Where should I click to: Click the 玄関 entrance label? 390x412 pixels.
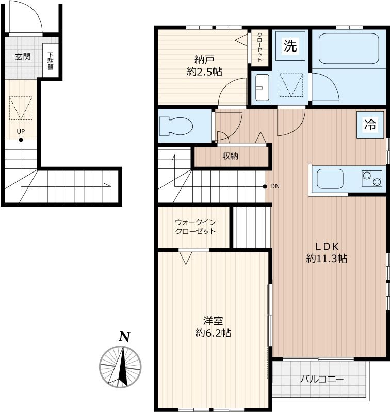tap(23, 57)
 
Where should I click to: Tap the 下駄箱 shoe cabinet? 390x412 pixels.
tap(51, 61)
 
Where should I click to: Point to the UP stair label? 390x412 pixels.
tap(21, 132)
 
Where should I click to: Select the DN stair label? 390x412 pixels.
tap(275, 186)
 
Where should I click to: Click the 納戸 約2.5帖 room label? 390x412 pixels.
tap(204, 66)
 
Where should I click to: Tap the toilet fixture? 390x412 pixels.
tap(176, 126)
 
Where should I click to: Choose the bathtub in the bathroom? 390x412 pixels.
tap(349, 48)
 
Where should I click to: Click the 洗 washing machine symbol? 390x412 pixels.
tap(290, 46)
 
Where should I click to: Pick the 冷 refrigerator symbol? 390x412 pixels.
tap(370, 125)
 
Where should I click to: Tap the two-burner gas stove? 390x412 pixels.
tap(372, 178)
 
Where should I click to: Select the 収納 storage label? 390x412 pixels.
tap(230, 157)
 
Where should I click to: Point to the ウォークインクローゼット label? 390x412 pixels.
tap(196, 227)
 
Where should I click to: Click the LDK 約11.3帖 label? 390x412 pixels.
tap(327, 252)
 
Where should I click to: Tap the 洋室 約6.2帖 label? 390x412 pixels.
tap(213, 327)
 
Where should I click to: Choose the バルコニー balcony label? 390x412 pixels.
tap(322, 380)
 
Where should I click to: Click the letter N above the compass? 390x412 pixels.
tap(125, 336)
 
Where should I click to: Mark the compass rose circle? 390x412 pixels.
tap(120, 367)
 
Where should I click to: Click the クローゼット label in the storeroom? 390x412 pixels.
tap(259, 47)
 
